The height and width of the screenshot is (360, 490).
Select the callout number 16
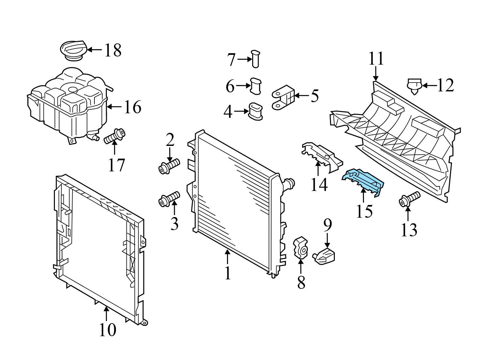click(132, 107)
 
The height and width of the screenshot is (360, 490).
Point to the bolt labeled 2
click(169, 166)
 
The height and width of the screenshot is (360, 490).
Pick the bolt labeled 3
click(169, 198)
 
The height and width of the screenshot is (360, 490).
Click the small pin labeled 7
click(255, 59)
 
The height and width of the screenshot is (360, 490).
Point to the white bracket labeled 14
click(322, 156)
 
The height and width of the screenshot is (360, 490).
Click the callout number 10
click(107, 330)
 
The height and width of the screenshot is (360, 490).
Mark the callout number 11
click(376, 59)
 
